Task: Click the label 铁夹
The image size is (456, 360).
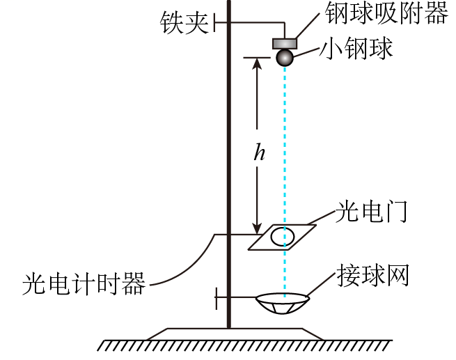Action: (184, 23)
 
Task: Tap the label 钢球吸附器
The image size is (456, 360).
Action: (387, 13)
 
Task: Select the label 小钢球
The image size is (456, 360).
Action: (356, 48)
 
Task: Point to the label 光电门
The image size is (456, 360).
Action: (371, 212)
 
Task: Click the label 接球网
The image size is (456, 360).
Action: (373, 275)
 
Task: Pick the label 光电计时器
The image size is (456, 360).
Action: (84, 284)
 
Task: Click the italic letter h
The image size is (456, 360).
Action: (260, 151)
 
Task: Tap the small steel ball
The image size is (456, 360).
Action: (285, 58)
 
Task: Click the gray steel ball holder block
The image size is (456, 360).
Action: (285, 44)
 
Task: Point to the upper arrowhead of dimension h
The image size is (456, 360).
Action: (257, 63)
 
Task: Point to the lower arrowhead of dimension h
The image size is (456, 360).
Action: (257, 229)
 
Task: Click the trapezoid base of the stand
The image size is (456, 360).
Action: (235, 334)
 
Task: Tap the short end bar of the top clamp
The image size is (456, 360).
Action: (214, 22)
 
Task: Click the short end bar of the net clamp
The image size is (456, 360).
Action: (217, 298)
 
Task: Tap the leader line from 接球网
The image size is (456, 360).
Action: (321, 285)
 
